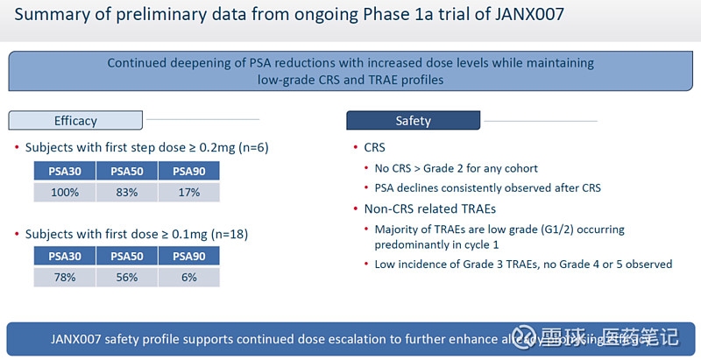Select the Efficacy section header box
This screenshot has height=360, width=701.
pos(76,120)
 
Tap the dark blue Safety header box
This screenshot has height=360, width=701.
pos(413,120)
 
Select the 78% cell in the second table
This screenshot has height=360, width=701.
pos(65,276)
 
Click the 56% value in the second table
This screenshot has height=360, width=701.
pos(125,276)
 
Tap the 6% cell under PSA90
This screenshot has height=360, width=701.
pos(188,276)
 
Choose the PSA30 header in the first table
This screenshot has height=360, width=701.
pos(65,172)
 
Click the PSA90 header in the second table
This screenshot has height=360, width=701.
pos(188,256)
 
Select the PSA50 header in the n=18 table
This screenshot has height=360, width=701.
pos(125,256)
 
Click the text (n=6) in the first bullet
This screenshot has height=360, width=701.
pos(249,147)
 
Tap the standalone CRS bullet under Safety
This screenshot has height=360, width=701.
pos(375,148)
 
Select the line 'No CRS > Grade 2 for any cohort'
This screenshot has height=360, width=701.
pos(456,168)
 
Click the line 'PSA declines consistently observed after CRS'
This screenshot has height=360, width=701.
pos(487,187)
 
